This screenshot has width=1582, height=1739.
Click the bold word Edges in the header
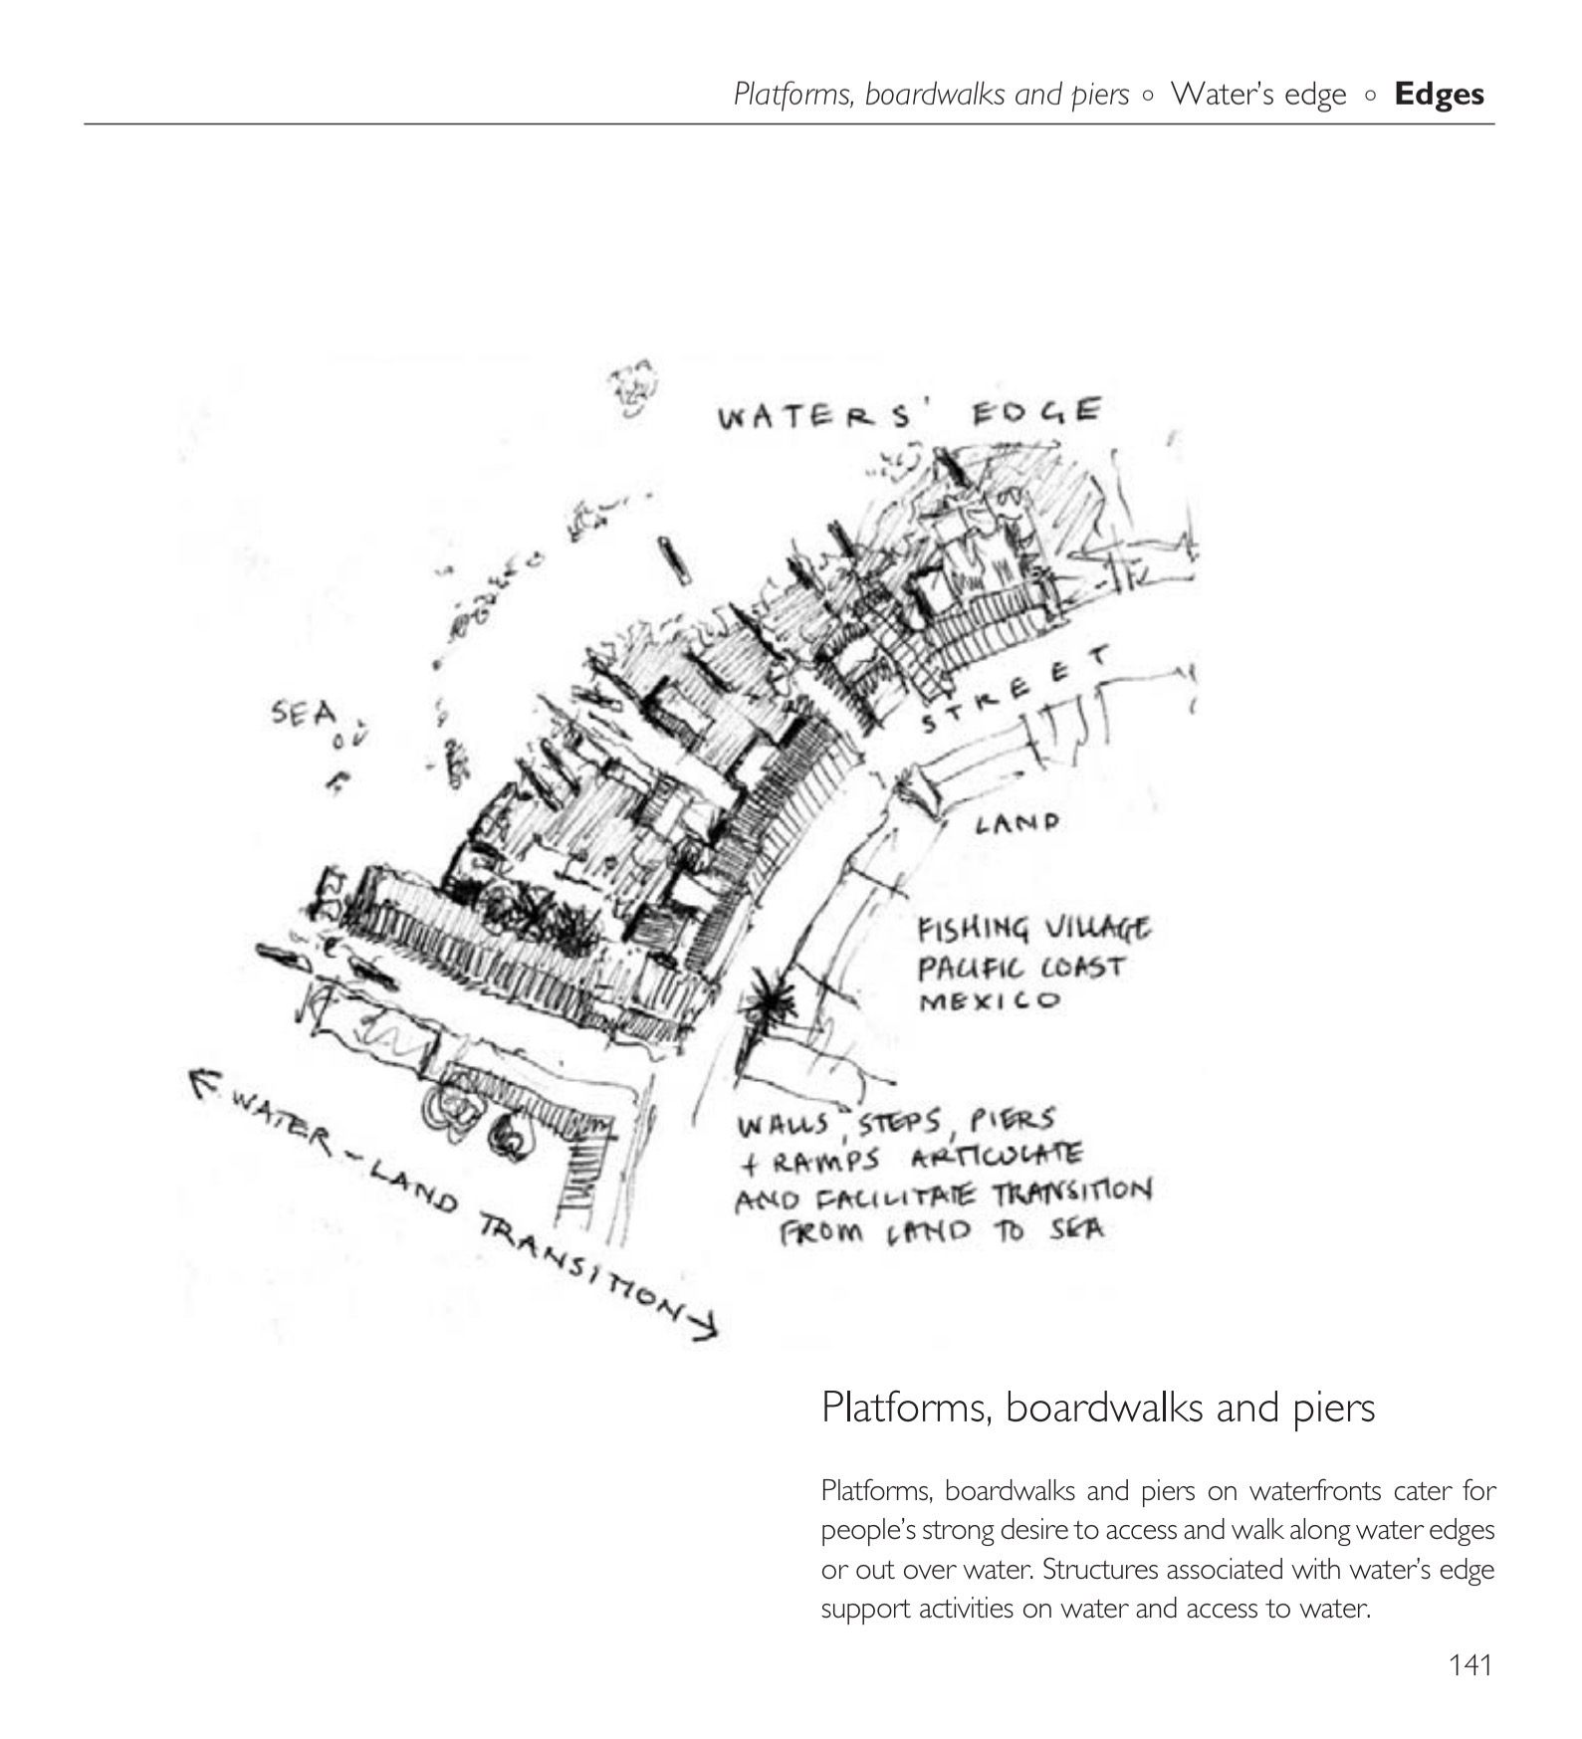click(1439, 95)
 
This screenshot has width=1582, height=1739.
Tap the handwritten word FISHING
click(974, 930)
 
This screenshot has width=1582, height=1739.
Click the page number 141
click(1469, 1664)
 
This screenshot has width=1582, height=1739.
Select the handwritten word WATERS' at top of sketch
click(825, 415)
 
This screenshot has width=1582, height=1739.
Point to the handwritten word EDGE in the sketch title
click(1036, 411)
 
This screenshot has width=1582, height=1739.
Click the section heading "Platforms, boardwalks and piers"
click(1098, 1408)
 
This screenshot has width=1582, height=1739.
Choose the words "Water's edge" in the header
click(1258, 95)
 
